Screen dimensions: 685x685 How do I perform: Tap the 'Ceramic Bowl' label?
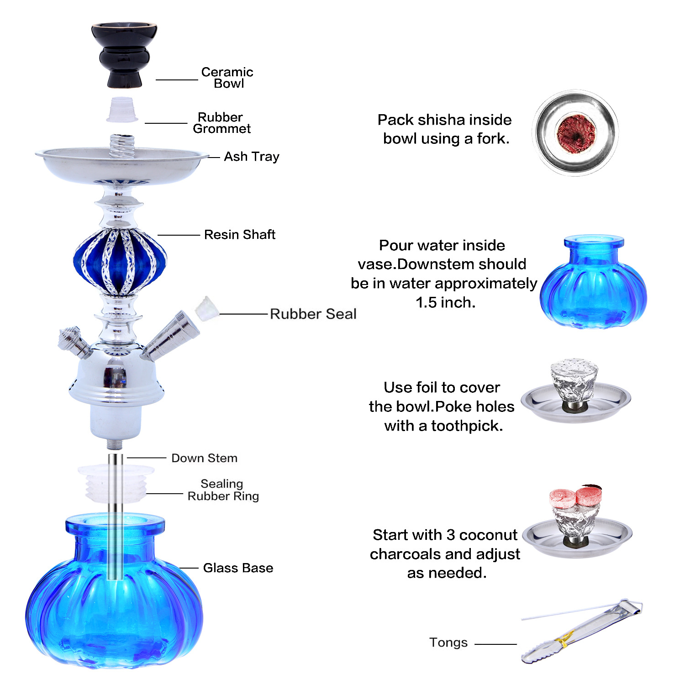click(227, 78)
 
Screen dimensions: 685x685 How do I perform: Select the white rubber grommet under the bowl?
click(122, 110)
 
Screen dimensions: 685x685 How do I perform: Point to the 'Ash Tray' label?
click(251, 157)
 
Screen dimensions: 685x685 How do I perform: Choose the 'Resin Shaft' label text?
click(239, 235)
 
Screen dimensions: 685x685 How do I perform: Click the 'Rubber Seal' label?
click(313, 314)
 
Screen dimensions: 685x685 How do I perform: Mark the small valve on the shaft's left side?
click(73, 342)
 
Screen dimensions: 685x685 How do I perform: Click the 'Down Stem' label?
click(204, 458)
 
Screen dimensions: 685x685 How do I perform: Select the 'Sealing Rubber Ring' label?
click(223, 490)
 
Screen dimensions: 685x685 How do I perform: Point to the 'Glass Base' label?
click(238, 568)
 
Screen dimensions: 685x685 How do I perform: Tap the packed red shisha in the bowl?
click(576, 132)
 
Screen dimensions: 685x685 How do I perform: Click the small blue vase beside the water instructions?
click(593, 283)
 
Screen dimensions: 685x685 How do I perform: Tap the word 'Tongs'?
click(448, 643)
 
